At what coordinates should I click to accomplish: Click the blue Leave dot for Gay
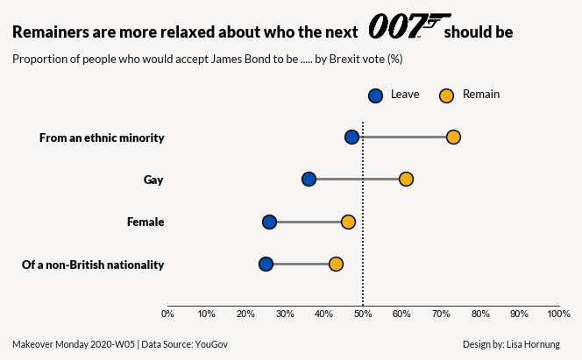click(x=309, y=180)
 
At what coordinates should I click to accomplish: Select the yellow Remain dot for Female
click(x=348, y=222)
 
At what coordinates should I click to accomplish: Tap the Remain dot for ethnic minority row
click(x=453, y=137)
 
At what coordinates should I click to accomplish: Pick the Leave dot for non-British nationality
click(x=266, y=265)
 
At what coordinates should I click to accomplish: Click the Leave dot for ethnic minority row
click(x=351, y=137)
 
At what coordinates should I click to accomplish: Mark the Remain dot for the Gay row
click(x=406, y=180)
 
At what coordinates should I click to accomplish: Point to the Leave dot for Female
click(x=269, y=222)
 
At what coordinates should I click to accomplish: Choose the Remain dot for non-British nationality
click(x=336, y=265)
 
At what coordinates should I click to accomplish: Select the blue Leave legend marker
click(x=375, y=95)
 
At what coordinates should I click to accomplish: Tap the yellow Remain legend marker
click(x=446, y=95)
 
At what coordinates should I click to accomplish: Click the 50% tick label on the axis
click(x=363, y=314)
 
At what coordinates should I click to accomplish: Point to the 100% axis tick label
click(x=558, y=314)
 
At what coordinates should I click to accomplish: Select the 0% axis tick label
click(x=167, y=314)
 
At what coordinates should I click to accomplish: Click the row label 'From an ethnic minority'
click(x=102, y=138)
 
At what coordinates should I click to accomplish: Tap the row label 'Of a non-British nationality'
click(x=93, y=265)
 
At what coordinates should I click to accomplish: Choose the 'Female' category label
click(x=145, y=222)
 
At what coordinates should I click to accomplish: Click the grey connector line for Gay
click(x=357, y=180)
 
